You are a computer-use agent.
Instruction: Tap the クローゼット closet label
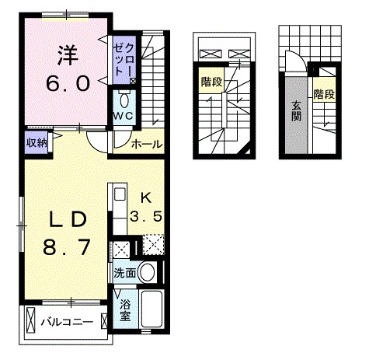coord(124,58)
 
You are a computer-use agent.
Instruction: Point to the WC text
coord(124,116)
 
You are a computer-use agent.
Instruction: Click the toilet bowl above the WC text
coord(124,99)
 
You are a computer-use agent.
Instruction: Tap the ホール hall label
coord(146,144)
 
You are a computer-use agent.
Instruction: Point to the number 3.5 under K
coord(146,218)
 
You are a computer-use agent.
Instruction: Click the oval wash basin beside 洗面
coord(149,273)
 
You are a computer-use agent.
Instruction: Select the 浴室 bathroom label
coord(126,312)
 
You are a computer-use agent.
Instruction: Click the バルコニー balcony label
coord(67,321)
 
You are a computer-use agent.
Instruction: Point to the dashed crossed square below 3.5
coord(153,247)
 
